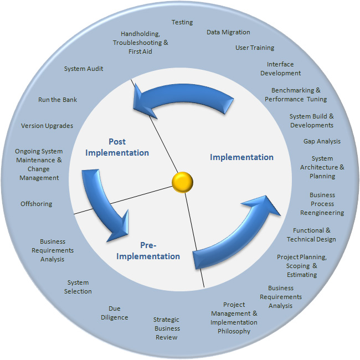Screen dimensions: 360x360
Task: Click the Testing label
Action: click(x=182, y=23)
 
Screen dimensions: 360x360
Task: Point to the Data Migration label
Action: click(x=228, y=33)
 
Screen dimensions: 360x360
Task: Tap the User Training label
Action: click(x=255, y=48)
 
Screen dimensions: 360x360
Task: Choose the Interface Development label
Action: click(x=280, y=69)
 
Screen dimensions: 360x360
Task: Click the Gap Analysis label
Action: click(x=322, y=142)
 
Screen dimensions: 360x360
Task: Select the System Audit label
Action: click(x=84, y=69)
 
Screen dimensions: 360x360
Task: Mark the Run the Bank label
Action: click(x=58, y=100)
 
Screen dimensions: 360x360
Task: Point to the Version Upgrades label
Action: click(x=47, y=126)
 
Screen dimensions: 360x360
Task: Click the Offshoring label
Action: click(x=37, y=204)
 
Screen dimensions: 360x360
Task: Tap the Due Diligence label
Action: click(x=115, y=313)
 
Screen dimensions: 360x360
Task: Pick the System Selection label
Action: click(x=78, y=287)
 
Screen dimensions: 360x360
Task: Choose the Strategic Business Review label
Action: click(x=167, y=328)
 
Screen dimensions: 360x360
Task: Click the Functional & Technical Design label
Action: click(x=311, y=235)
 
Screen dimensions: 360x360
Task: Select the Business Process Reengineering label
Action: click(x=322, y=204)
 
